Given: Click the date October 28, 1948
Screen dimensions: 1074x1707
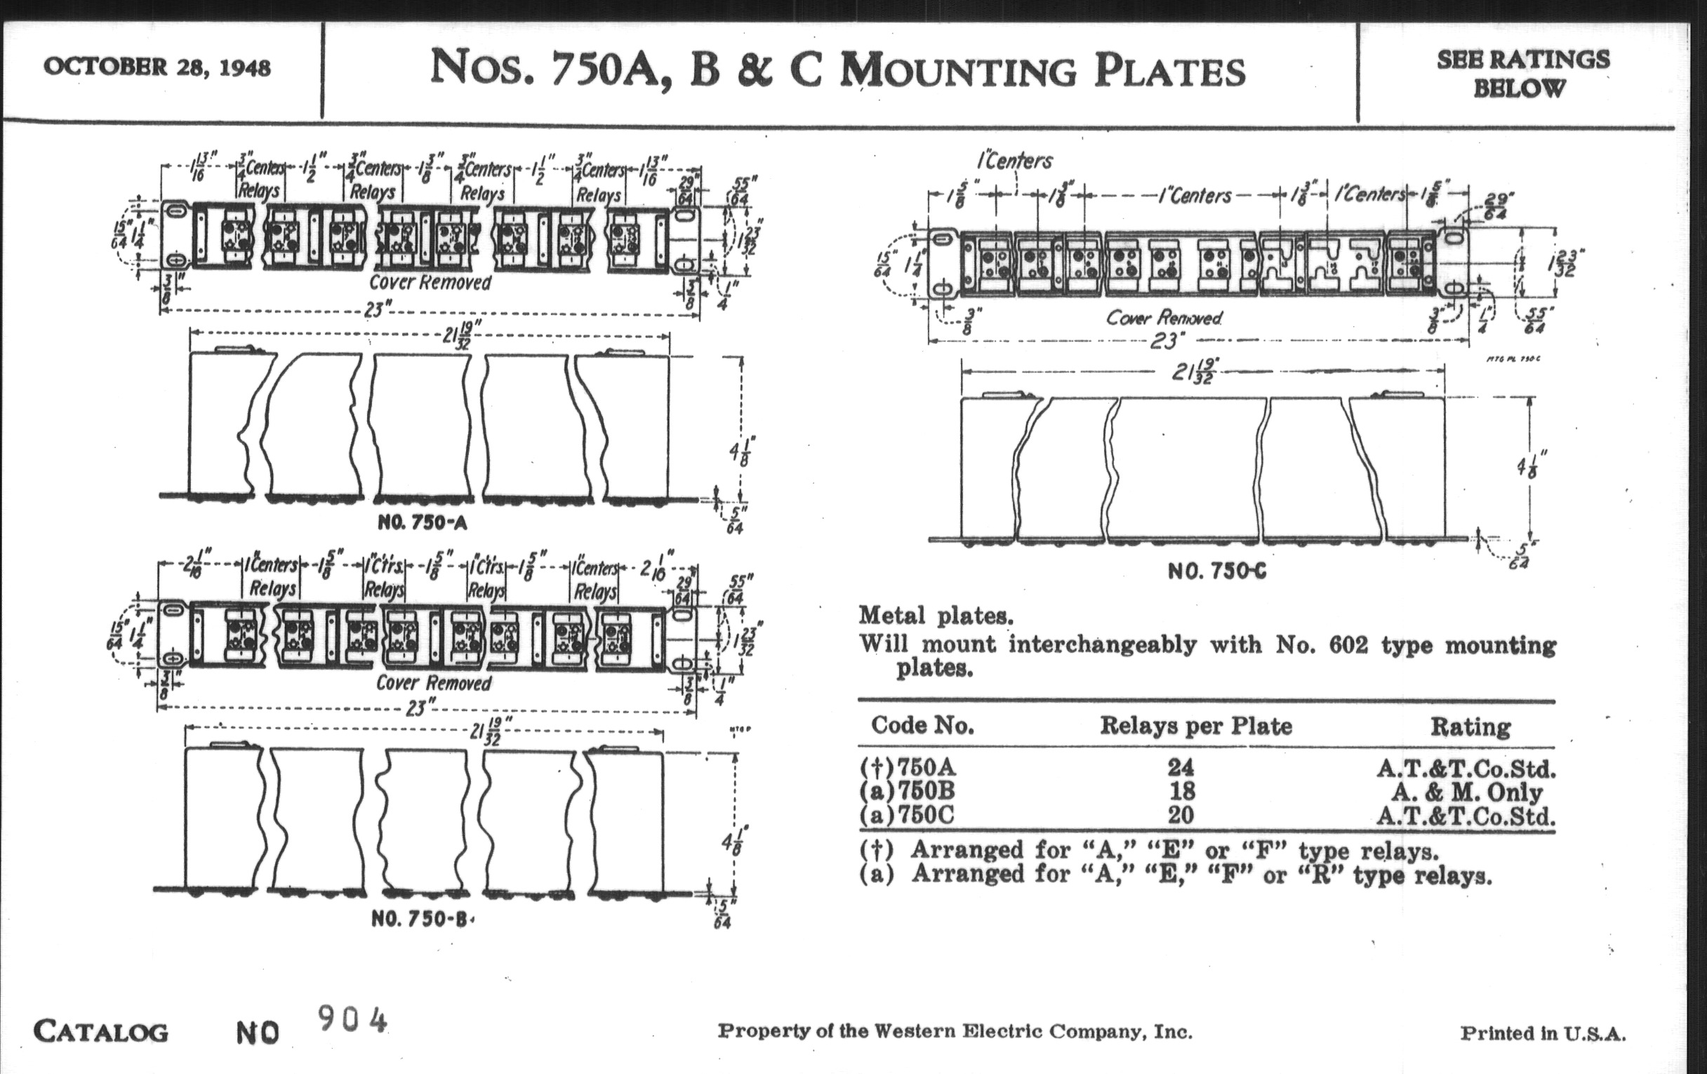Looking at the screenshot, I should point(157,67).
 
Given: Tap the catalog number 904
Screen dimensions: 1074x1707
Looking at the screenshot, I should point(352,1020).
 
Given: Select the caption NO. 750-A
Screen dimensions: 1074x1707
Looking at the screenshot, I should point(423,522).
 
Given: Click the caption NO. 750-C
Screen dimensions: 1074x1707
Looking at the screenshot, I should point(1216,571).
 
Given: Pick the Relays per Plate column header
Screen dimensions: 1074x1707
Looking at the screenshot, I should point(1196,725).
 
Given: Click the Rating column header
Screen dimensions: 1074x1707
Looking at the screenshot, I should point(1470,727).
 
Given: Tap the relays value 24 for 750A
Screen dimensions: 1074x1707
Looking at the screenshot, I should point(1181,767).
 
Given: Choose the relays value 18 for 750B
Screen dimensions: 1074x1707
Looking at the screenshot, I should point(1181,790).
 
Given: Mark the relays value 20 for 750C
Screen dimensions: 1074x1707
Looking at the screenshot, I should point(1181,814).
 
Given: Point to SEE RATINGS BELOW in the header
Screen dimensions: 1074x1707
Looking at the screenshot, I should point(1522,74).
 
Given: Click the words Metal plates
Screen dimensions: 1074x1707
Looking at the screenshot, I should point(936,616).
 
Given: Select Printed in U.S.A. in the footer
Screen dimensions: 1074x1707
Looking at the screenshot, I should point(1543,1033).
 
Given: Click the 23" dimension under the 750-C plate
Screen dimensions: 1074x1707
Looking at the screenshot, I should point(1163,342).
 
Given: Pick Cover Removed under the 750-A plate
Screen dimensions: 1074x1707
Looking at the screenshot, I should point(430,282).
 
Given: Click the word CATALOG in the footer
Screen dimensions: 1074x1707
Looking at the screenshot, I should point(100,1031).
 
